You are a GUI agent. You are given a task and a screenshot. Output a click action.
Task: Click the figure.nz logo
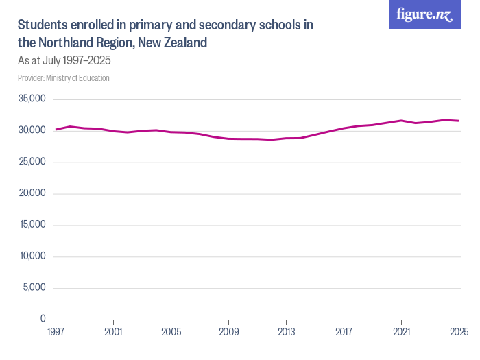pos(424,15)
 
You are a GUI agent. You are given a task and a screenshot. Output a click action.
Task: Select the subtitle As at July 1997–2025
pos(64,60)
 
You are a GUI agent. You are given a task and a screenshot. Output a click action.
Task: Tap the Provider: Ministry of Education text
pos(63,77)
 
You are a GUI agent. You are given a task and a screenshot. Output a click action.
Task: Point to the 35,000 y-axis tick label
pos(32,99)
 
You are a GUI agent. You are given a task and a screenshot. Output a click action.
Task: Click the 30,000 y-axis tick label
pos(32,130)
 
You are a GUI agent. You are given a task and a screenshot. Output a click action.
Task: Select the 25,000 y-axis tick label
pos(32,162)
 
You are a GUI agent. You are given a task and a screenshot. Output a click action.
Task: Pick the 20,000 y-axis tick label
pos(32,193)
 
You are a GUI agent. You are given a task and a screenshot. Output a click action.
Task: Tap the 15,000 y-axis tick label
pos(32,225)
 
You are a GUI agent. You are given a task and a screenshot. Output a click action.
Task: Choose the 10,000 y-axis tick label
pos(32,256)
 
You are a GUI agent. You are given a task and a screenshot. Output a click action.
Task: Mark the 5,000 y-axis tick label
pos(34,287)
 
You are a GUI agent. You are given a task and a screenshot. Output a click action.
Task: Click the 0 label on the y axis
pos(43,319)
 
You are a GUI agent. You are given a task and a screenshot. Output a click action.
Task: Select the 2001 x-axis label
pos(113,332)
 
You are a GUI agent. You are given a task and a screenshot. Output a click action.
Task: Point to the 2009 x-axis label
pos(228,332)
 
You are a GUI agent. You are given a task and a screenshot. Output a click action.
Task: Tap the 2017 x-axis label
pos(344,332)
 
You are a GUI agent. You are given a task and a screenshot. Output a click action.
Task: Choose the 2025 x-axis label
pos(458,332)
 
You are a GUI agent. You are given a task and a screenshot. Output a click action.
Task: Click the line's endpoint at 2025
pos(459,121)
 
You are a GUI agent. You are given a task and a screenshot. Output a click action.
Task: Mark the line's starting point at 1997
pos(56,130)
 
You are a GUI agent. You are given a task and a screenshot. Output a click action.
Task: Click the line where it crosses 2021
pos(401,121)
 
